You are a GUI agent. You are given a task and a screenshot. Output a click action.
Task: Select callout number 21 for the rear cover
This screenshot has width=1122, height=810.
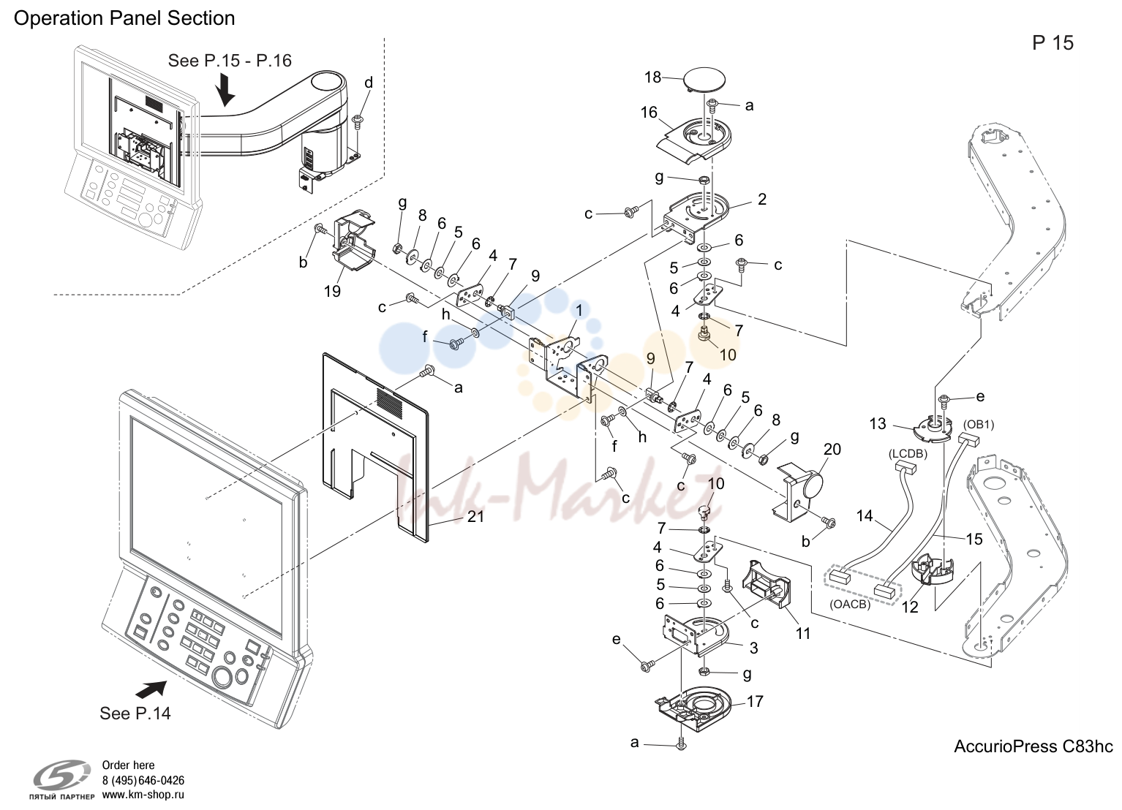tap(475, 516)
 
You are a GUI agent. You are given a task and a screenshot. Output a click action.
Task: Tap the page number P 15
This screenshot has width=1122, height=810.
tap(1053, 43)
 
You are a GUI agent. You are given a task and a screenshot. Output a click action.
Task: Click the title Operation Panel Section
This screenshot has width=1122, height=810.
tap(124, 18)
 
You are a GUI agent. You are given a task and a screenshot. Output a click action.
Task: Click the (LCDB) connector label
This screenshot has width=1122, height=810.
tap(908, 454)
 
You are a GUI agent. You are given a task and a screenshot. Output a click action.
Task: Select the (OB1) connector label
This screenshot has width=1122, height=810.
tap(979, 425)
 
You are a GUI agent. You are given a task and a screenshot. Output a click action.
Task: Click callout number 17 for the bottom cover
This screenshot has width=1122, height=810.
tap(755, 701)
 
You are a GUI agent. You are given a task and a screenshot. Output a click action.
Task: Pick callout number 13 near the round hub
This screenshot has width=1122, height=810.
tap(878, 424)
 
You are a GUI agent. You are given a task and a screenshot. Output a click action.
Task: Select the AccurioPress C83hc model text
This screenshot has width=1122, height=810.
tap(1033, 746)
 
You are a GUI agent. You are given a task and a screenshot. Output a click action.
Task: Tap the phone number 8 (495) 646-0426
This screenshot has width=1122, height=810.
tap(143, 781)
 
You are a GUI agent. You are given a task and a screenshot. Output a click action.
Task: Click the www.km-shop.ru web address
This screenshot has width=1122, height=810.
tap(143, 795)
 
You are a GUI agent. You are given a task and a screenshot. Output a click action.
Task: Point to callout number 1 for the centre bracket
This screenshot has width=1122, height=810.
tap(579, 311)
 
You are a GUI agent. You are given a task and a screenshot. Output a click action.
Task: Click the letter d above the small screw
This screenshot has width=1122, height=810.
tap(369, 83)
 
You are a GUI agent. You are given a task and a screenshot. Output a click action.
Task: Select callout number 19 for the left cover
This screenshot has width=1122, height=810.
tap(332, 291)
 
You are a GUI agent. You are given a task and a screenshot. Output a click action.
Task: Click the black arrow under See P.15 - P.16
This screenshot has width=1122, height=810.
tap(226, 89)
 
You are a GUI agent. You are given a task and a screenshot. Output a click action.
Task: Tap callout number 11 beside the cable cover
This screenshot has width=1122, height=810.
tap(803, 633)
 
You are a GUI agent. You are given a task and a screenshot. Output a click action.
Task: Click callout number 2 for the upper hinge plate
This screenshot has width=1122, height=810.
tap(762, 200)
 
